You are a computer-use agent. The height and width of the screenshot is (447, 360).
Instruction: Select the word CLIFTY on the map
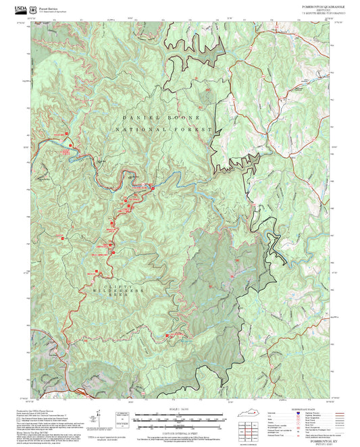coord(113,287)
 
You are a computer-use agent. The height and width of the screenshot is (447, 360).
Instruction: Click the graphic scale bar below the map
coord(180,417)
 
